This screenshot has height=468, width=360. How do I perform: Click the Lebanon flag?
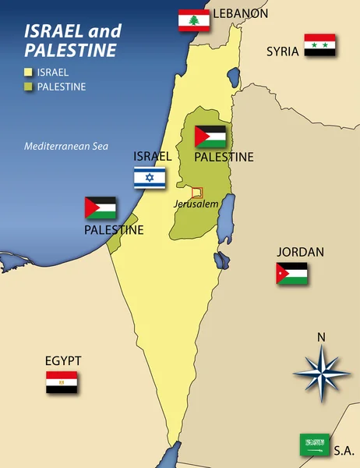pyautogui.click(x=194, y=20)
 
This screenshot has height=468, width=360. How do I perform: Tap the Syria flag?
pyautogui.click(x=319, y=45)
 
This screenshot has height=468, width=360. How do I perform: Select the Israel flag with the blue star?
pyautogui.click(x=149, y=178)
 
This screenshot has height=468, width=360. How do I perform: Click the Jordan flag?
pyautogui.click(x=291, y=274)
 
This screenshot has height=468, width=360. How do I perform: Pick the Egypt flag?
pyautogui.click(x=62, y=382)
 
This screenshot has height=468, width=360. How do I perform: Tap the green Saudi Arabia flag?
pyautogui.click(x=316, y=445)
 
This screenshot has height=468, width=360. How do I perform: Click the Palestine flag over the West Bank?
pyautogui.click(x=210, y=137)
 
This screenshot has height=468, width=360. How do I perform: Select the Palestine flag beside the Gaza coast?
pyautogui.click(x=101, y=208)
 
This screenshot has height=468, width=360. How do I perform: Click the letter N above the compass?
pyautogui.click(x=321, y=338)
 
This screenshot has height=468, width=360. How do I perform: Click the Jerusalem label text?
pyautogui.click(x=196, y=204)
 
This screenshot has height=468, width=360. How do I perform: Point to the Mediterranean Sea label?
pyautogui.click(x=65, y=146)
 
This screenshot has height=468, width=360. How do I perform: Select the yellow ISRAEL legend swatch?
pyautogui.click(x=28, y=72)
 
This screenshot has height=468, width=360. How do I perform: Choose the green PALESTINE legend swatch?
pyautogui.click(x=28, y=87)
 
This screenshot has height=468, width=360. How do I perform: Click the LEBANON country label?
pyautogui.click(x=240, y=13)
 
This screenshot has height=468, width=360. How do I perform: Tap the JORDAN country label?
pyautogui.click(x=301, y=253)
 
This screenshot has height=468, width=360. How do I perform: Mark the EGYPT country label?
pyautogui.click(x=63, y=361)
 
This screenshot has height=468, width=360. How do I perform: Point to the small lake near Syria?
pyautogui.click(x=232, y=76)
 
